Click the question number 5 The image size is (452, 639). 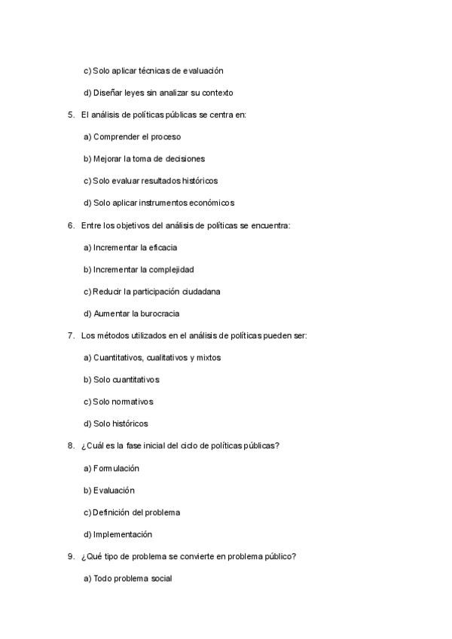click(70, 115)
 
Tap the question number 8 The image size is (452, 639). click(70, 445)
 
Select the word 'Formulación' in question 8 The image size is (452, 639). click(116, 468)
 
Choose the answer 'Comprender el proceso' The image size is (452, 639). click(132, 137)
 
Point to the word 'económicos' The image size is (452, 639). click(212, 203)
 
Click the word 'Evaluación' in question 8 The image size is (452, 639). click(114, 490)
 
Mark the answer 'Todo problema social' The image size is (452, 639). click(128, 579)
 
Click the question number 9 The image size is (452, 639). click(70, 556)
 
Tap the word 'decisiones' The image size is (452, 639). click(185, 159)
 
